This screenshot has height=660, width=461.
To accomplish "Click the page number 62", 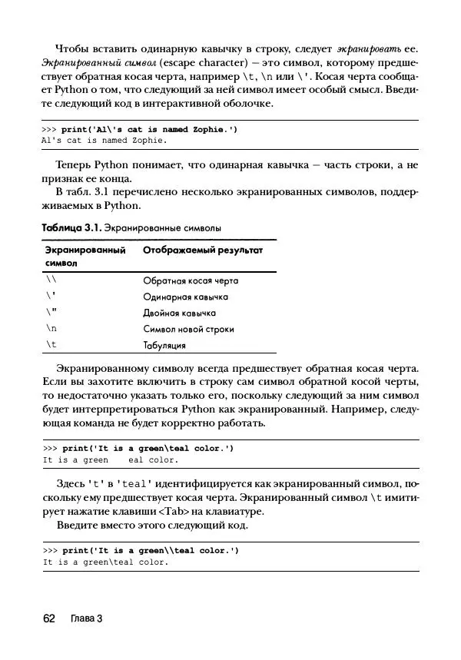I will pyautogui.click(x=48, y=619).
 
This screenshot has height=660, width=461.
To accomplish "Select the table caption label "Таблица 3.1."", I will pyautogui.click(x=71, y=228).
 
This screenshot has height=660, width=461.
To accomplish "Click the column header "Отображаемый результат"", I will pyautogui.click(x=203, y=250).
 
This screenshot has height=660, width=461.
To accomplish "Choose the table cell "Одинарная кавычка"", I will pyautogui.click(x=185, y=297).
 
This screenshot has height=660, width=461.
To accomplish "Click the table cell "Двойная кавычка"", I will pyautogui.click(x=179, y=313).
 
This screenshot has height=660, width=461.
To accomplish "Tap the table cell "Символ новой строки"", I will pyautogui.click(x=188, y=329).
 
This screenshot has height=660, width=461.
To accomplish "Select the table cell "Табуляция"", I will pyautogui.click(x=165, y=345).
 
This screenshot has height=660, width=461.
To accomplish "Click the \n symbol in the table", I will pyautogui.click(x=51, y=329).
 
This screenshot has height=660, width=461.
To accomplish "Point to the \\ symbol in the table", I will pyautogui.click(x=51, y=280).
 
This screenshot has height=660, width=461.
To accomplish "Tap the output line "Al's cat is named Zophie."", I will pyautogui.click(x=104, y=141).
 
